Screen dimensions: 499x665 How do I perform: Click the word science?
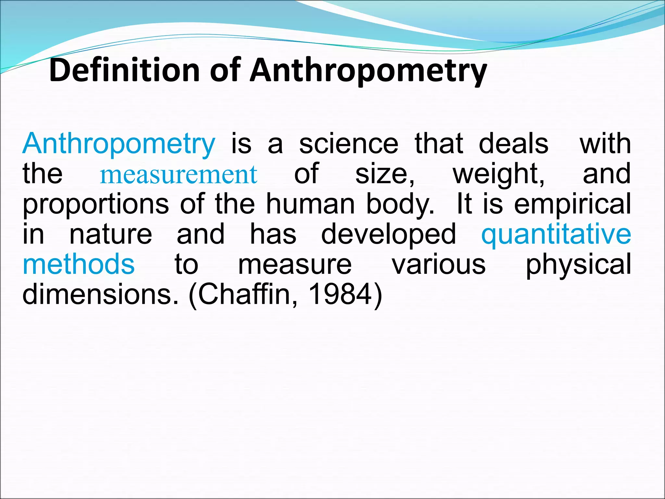[348, 144]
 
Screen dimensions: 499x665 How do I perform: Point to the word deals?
[514, 144]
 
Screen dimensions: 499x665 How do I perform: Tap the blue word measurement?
[178, 175]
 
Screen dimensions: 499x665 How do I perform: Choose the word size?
[384, 175]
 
